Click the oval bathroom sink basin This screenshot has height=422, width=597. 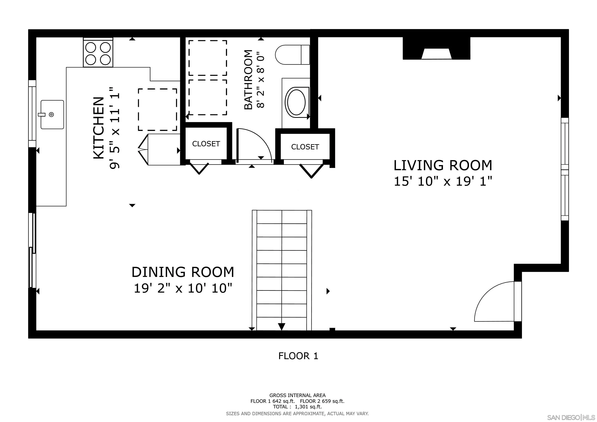(x=296, y=102)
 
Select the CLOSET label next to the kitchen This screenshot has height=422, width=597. (x=206, y=144)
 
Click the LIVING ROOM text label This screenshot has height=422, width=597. (x=443, y=165)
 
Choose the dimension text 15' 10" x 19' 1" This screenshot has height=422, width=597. (x=443, y=181)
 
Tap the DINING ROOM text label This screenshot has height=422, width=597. (x=183, y=272)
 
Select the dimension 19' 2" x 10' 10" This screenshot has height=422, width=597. (x=183, y=288)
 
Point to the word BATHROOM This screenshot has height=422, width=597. (x=249, y=80)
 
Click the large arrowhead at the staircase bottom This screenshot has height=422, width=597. (x=282, y=327)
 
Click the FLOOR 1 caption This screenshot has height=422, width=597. (x=298, y=356)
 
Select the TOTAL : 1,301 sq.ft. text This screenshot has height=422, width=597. (x=297, y=407)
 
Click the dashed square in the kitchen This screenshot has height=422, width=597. (x=157, y=110)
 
